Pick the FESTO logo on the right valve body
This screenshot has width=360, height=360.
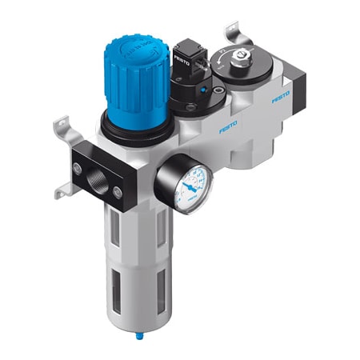280,100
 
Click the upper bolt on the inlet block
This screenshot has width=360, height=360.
77,167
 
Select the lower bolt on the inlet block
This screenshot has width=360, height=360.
117,192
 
